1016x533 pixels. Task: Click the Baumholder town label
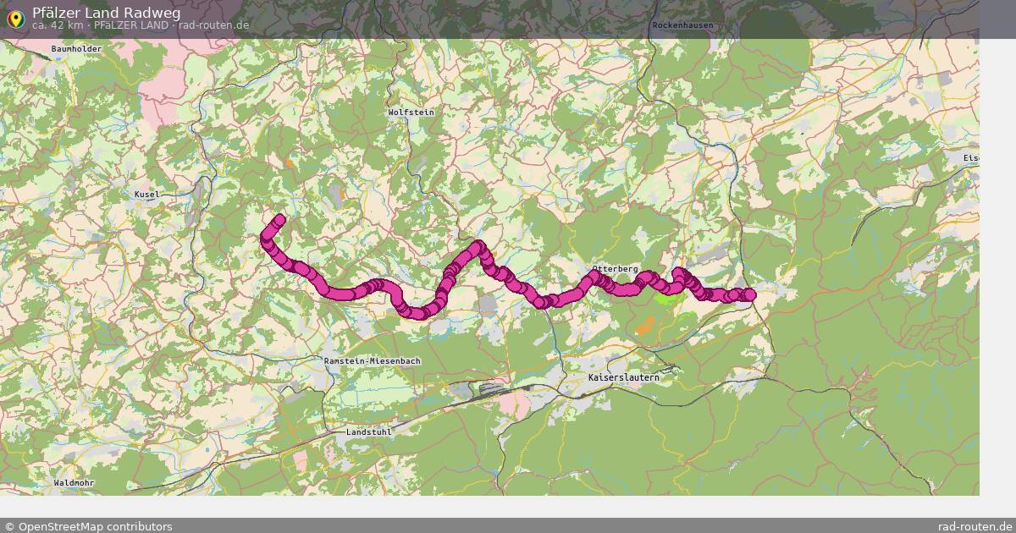click(76, 49)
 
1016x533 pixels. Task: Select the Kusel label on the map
click(146, 195)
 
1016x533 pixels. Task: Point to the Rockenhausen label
click(682, 25)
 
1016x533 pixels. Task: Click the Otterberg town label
click(615, 268)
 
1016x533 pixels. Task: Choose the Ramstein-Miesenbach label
click(373, 361)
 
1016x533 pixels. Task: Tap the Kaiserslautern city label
click(623, 377)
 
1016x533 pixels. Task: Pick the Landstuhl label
click(370, 432)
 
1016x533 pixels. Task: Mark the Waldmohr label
click(74, 482)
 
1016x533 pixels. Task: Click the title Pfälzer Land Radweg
click(106, 13)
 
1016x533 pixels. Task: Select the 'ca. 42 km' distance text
click(57, 25)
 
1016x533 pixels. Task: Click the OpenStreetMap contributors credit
click(88, 526)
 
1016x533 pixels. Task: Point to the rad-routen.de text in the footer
click(975, 526)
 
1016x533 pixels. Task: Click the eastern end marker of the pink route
click(748, 294)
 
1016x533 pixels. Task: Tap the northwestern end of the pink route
click(279, 220)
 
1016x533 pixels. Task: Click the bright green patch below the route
click(666, 297)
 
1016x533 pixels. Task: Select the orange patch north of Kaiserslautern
click(646, 323)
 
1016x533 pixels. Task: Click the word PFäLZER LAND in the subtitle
click(130, 25)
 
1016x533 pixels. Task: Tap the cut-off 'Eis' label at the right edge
click(970, 158)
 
